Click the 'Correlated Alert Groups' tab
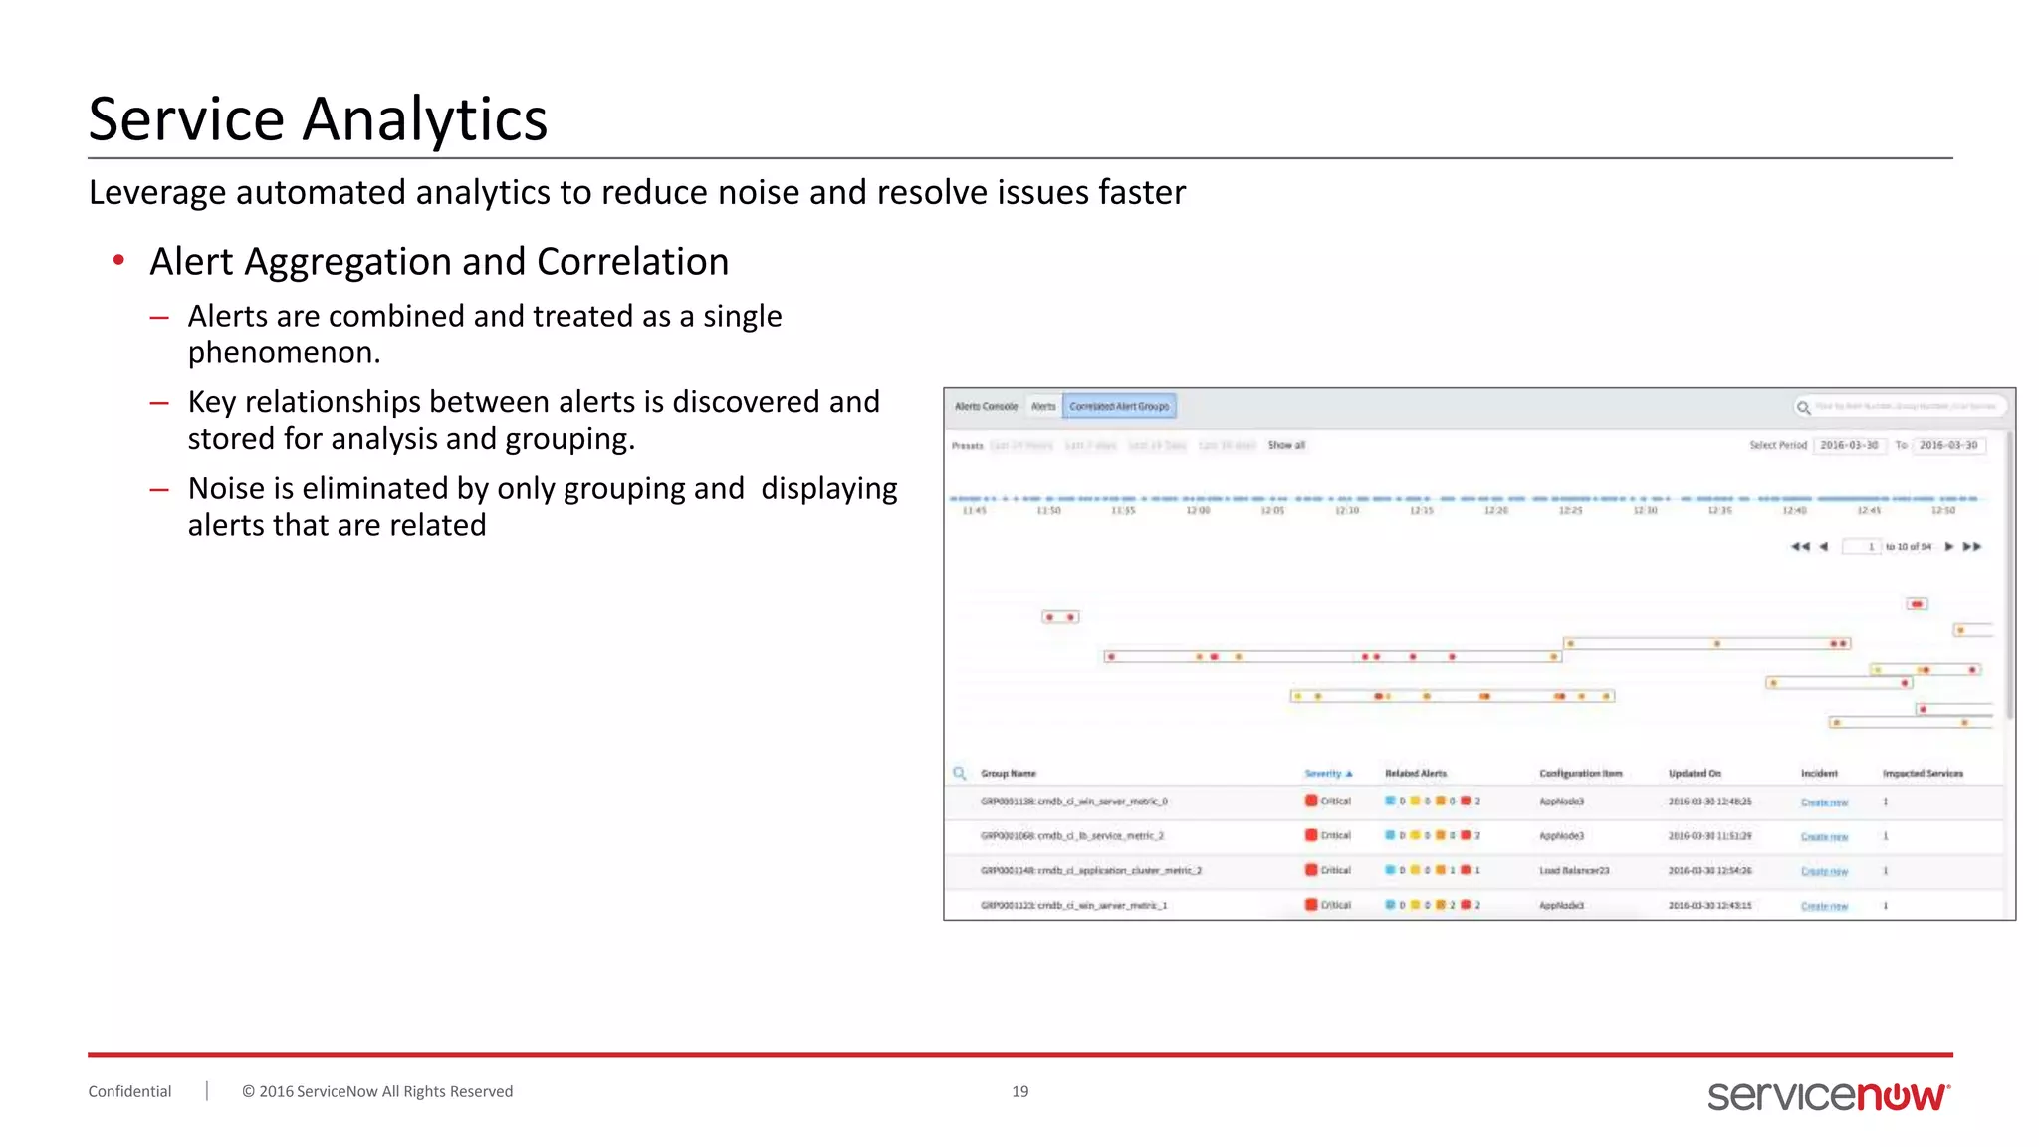coord(1119,406)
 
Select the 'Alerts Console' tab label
coord(986,406)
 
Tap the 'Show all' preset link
coord(1286,445)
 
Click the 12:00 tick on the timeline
coord(1198,510)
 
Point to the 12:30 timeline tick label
coord(1645,510)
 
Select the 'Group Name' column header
coord(1008,773)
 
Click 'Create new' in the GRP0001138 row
coord(1824,802)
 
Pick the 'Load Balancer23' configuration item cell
coord(1573,870)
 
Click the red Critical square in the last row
coord(1311,904)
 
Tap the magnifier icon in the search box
coord(1803,407)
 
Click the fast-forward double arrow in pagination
coord(1972,546)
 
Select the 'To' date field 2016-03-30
coord(1948,445)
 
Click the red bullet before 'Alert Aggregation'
coord(118,261)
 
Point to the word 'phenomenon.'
coord(284,352)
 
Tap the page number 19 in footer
coord(1019,1091)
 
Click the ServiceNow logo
coord(1828,1095)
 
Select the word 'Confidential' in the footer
coord(129,1091)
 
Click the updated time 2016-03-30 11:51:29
coord(1709,836)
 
